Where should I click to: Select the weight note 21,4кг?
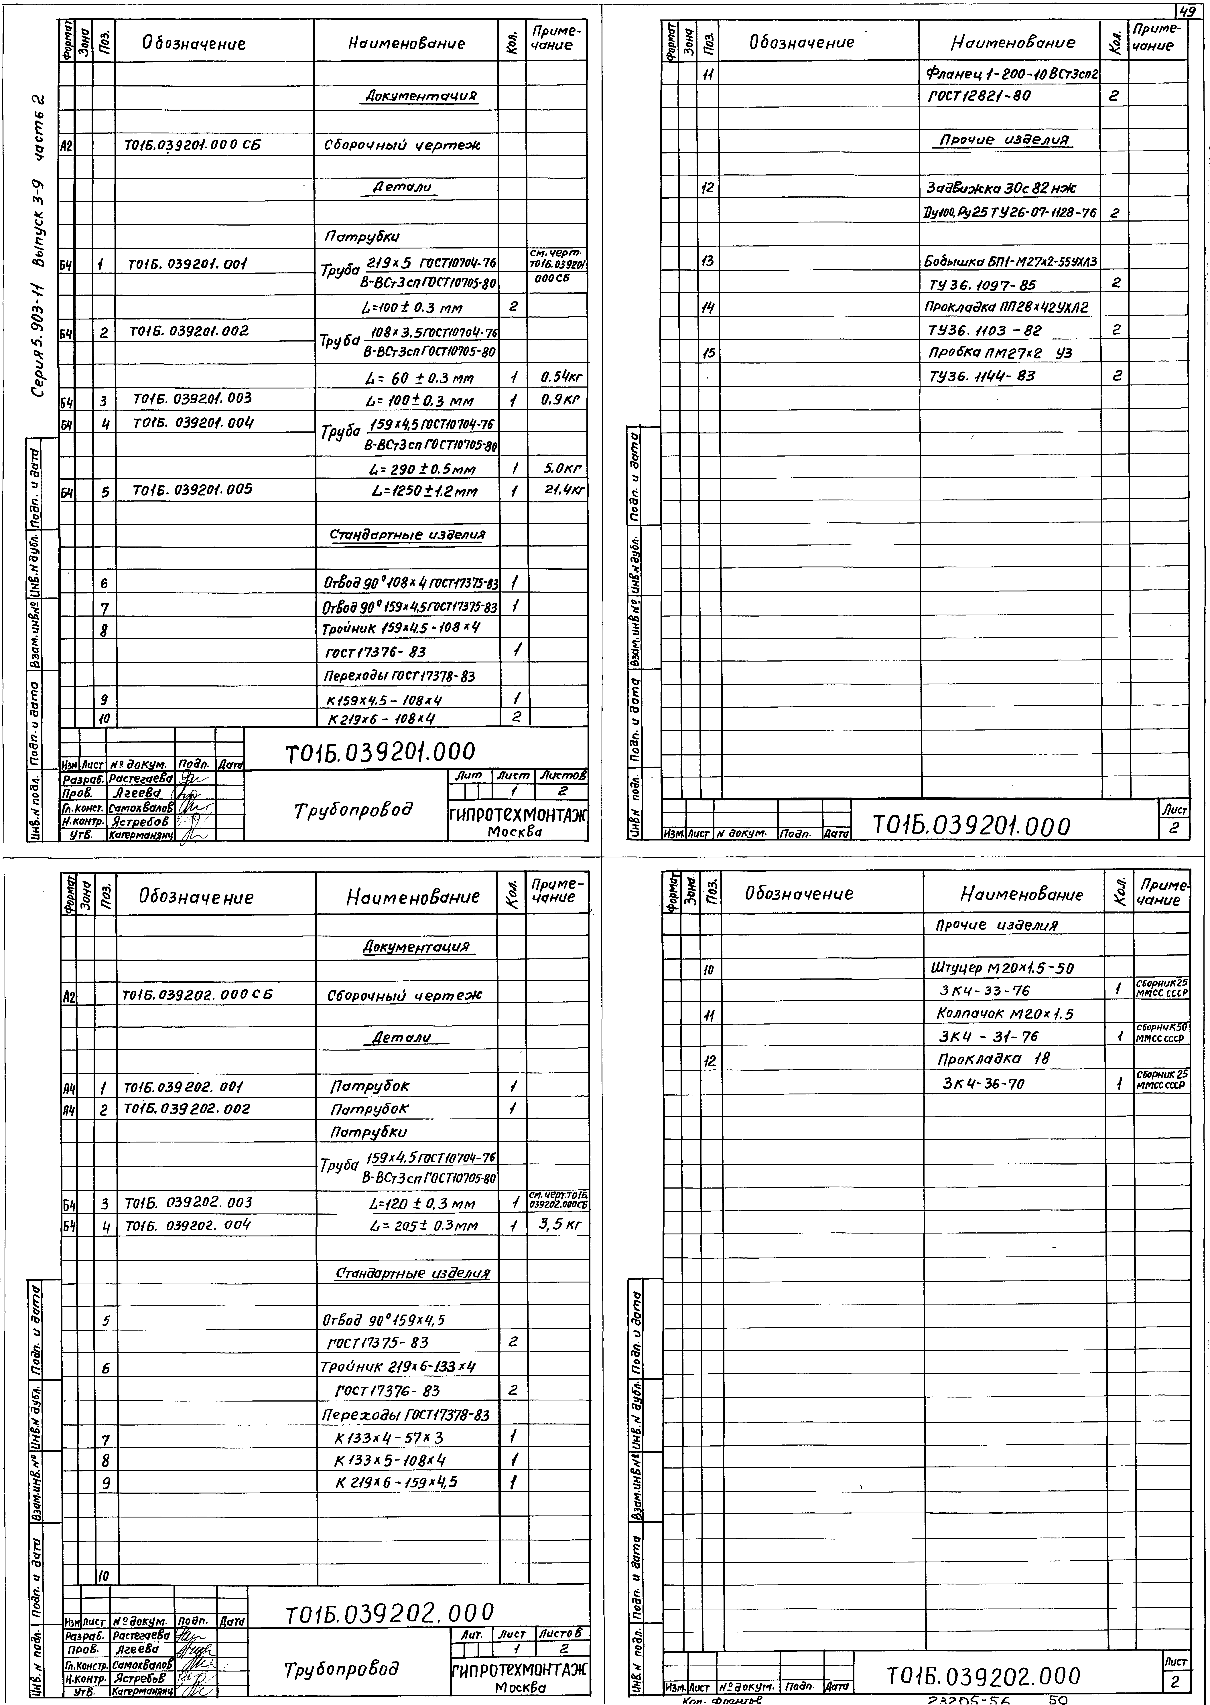564,491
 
